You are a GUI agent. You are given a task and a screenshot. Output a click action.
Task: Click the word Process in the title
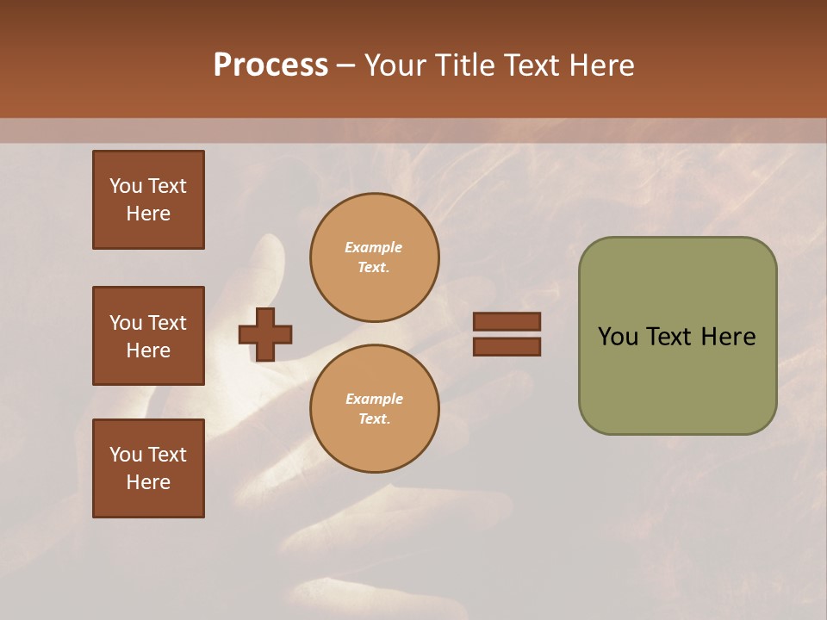coord(270,65)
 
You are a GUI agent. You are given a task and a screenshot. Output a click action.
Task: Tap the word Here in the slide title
coord(599,65)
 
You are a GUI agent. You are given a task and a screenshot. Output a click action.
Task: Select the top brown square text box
coord(148,200)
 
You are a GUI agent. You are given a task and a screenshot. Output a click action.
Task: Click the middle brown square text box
coord(148,336)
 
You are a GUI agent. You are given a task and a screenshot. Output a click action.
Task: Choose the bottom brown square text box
coord(148,468)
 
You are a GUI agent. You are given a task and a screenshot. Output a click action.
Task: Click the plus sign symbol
coord(265,334)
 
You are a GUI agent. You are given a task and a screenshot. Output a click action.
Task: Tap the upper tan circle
coord(375,257)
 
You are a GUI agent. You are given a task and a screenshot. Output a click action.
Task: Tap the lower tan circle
coord(375,409)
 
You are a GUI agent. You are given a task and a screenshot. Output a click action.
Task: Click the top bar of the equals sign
coord(507,321)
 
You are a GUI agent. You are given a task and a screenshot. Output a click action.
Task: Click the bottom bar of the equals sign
coord(507,347)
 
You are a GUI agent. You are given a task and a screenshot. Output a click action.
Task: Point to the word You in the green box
coord(619,337)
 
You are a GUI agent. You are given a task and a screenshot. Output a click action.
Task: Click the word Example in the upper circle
coord(374,248)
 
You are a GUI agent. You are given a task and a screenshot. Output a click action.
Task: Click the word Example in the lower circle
coord(374,400)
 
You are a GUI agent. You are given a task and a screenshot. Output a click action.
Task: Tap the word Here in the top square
coord(148,214)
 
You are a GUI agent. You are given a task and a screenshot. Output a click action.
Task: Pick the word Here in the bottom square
coord(148,482)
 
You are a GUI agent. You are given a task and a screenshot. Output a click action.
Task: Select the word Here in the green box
coord(728,337)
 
